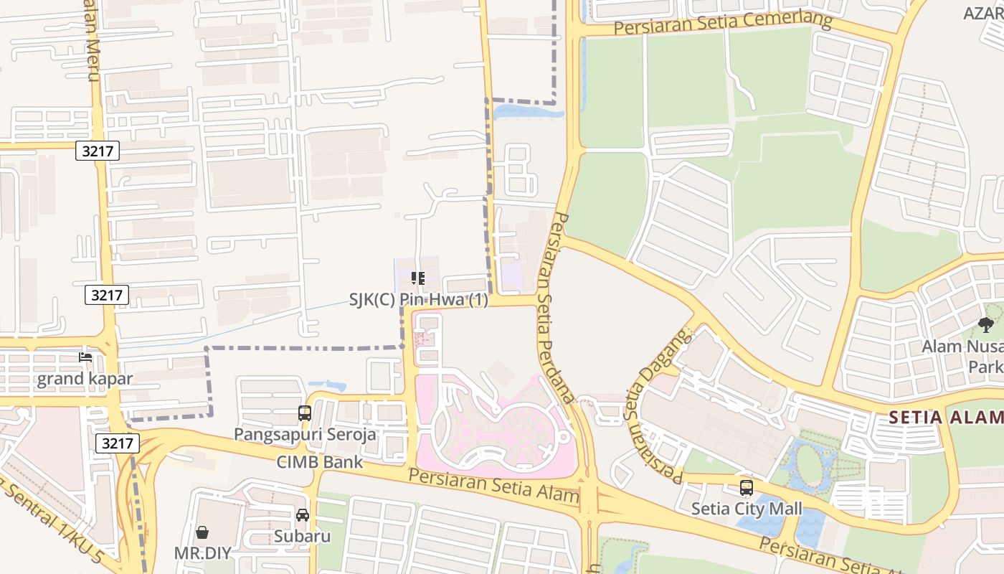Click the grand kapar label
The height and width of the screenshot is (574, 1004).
click(85, 379)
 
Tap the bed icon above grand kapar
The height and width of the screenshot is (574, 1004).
click(85, 357)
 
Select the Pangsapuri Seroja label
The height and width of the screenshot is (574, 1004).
click(305, 434)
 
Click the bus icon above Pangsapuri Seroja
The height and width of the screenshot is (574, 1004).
click(305, 413)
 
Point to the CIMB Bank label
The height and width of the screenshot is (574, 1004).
click(320, 462)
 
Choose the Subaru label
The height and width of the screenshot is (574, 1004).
click(302, 536)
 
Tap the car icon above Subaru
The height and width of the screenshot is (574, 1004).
click(303, 515)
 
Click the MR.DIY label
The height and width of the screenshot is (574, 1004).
click(202, 553)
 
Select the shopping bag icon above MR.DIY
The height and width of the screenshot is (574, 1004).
click(202, 532)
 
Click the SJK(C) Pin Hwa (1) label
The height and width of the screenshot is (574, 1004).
click(418, 300)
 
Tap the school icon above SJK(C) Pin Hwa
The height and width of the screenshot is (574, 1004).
click(418, 278)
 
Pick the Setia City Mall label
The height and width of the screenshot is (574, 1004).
click(747, 509)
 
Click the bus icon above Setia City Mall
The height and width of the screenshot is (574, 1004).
click(747, 488)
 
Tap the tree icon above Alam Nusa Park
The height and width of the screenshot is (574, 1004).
click(986, 325)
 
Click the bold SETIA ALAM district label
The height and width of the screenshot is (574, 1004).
click(945, 418)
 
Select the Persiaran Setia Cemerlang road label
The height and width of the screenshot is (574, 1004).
click(723, 24)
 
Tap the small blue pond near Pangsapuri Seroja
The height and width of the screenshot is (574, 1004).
click(328, 386)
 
